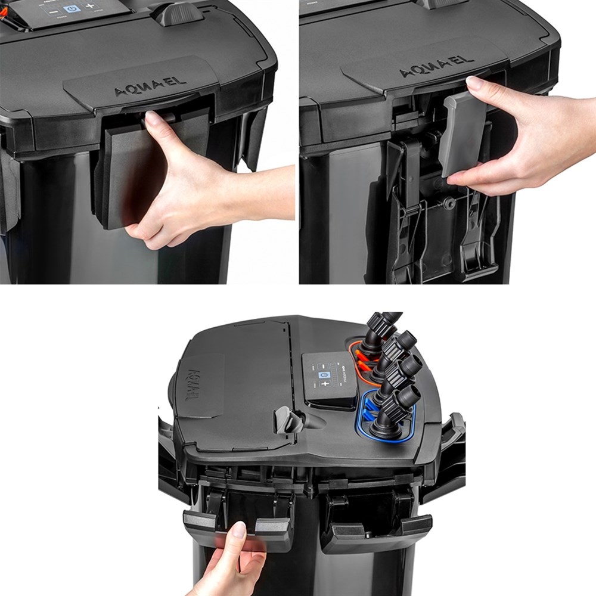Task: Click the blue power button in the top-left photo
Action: click(72, 10)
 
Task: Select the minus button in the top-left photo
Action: click(53, 11)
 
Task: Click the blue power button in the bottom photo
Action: click(324, 375)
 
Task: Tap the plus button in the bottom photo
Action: click(325, 384)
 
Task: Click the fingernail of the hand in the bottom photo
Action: click(238, 529)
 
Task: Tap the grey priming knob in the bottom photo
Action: click(284, 421)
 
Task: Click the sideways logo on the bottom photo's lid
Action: click(194, 385)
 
